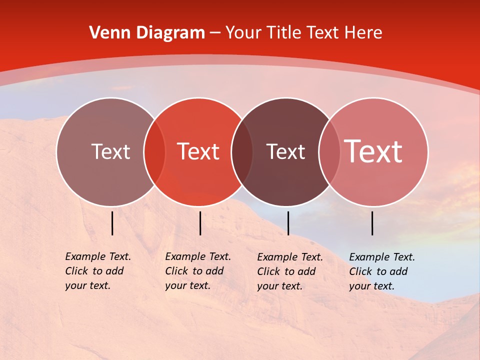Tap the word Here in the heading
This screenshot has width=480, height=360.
tap(363, 33)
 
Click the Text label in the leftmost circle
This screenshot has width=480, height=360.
tap(110, 151)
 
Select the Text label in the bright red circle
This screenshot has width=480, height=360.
tap(198, 151)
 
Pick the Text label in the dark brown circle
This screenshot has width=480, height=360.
tap(285, 151)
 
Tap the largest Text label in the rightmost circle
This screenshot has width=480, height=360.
tap(373, 151)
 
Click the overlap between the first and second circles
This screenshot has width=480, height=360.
tap(154, 152)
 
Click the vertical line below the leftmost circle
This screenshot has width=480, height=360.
tap(112, 223)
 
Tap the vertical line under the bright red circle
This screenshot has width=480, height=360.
tap(200, 223)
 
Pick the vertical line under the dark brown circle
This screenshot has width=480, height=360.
tap(288, 223)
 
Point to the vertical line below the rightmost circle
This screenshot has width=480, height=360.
tap(372, 223)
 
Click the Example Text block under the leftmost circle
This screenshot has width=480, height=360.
tap(98, 271)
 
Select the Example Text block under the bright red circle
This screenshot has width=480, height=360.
tap(198, 271)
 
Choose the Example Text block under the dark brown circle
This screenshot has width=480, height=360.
tap(290, 271)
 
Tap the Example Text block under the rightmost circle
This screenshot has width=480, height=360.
tap(382, 271)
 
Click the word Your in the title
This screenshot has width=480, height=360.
tap(243, 33)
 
